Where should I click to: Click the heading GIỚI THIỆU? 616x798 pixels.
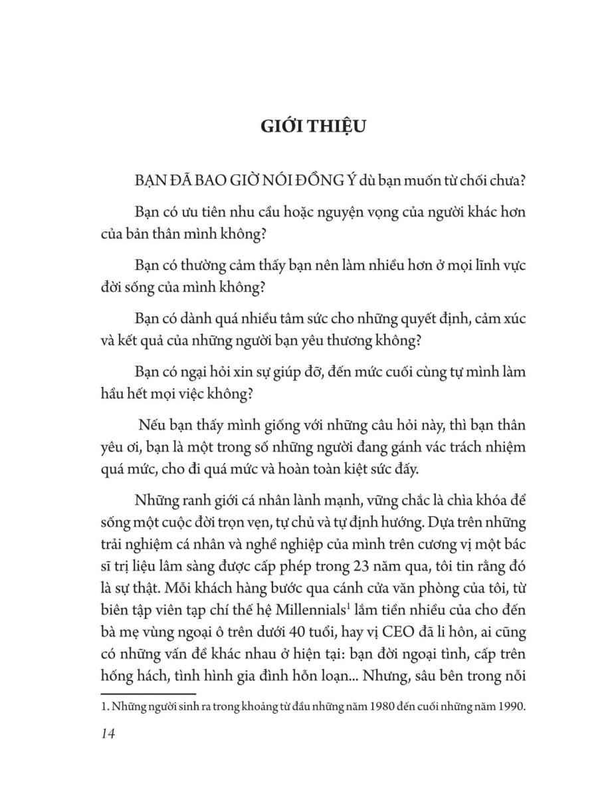(x=308, y=126)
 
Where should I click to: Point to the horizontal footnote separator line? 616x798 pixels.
(x=139, y=694)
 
